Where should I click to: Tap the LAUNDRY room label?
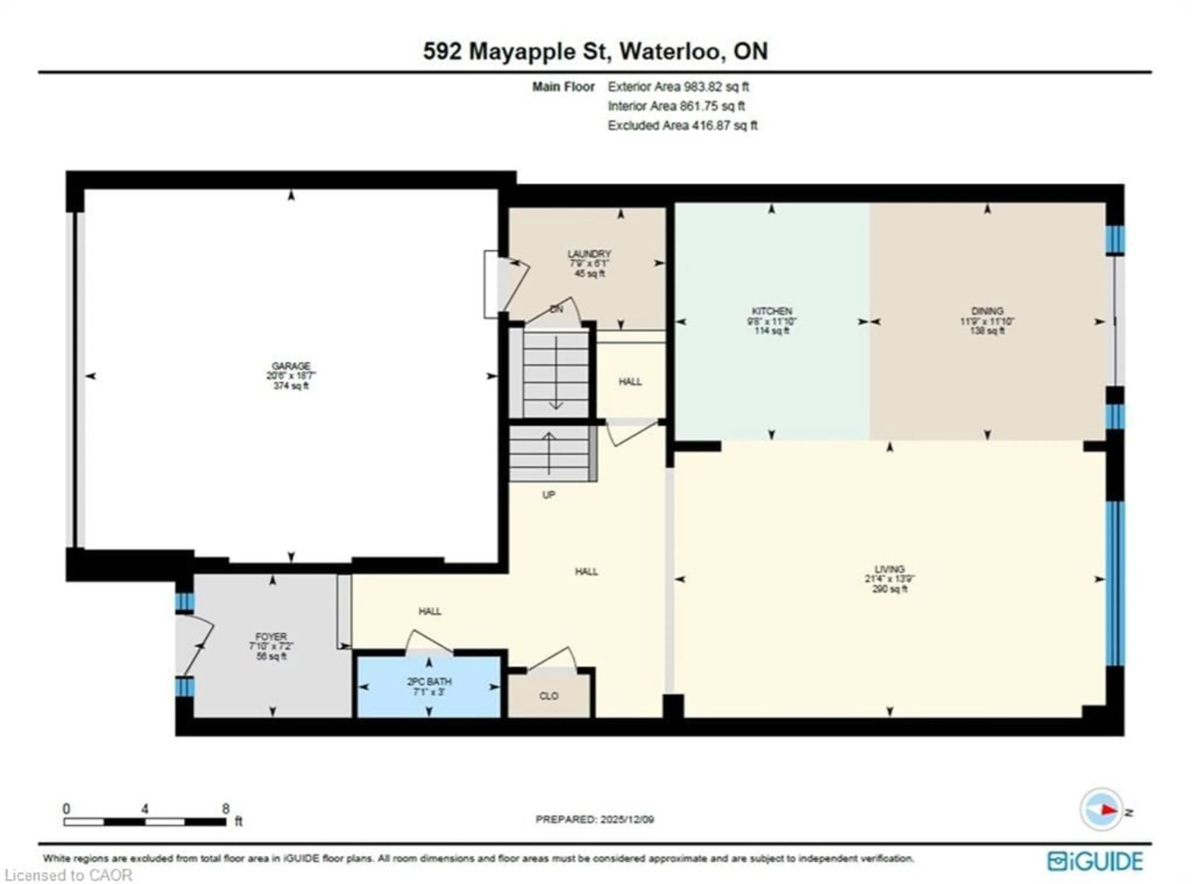point(589,254)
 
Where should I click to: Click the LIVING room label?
point(889,569)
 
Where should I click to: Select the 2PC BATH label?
point(429,682)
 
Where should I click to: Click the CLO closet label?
point(549,696)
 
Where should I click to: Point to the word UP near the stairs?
point(548,495)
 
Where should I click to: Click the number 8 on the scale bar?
point(226,809)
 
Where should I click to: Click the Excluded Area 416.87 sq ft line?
point(682,126)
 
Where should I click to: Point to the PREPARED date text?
point(594,819)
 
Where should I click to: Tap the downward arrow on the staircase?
point(556,375)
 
